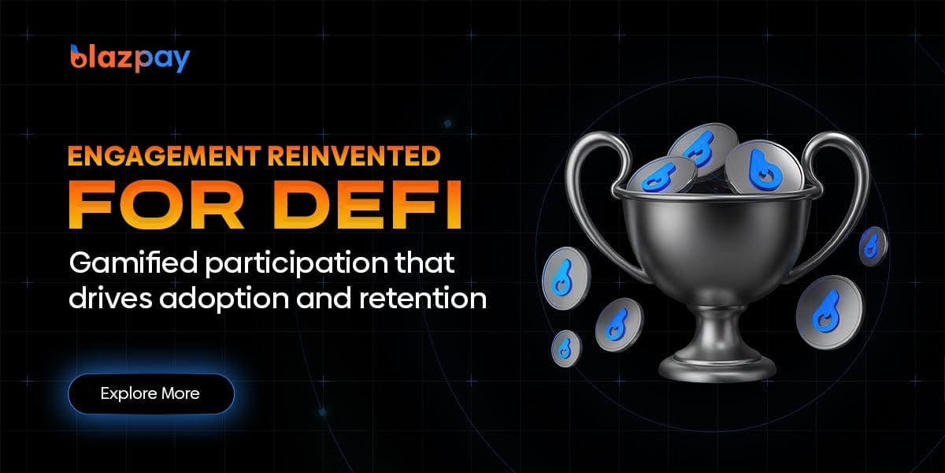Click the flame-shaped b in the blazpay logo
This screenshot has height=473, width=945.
click(x=78, y=58)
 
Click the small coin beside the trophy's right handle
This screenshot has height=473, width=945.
click(x=872, y=245)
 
